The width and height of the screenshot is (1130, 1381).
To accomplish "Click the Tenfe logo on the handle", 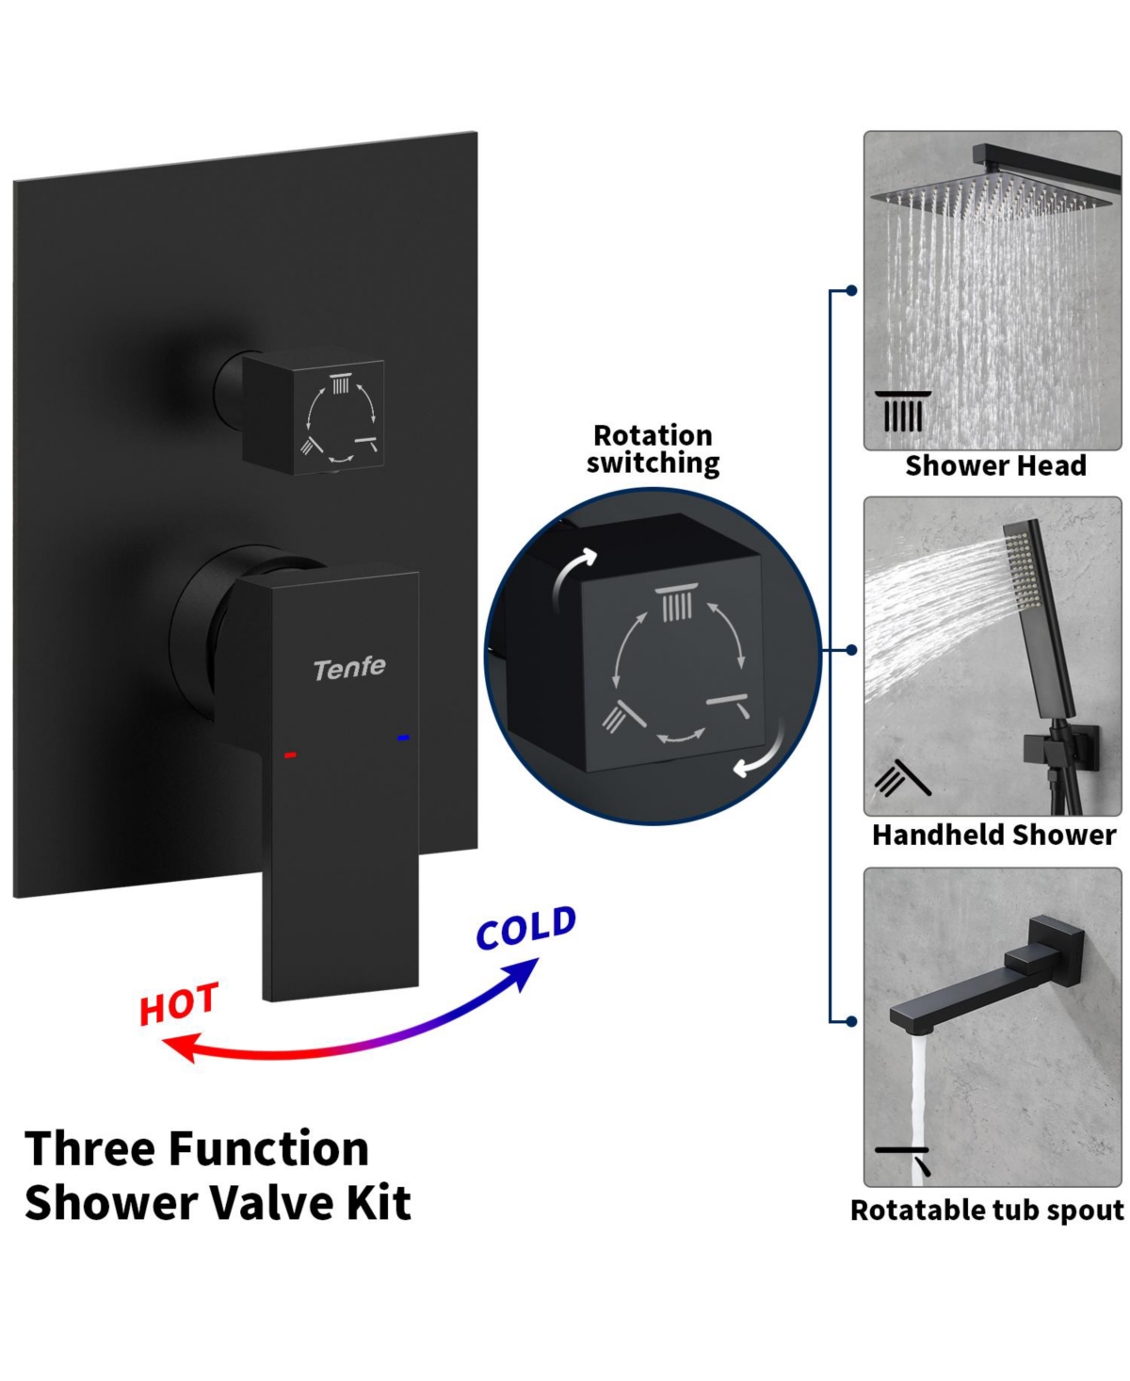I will tap(349, 669).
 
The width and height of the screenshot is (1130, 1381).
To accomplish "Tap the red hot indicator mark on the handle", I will tap(290, 755).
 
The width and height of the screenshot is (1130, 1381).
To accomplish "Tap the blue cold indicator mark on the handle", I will tap(403, 738).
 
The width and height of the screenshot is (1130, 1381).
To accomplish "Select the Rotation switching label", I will tap(653, 449).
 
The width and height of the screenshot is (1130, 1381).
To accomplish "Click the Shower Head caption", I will tap(995, 466).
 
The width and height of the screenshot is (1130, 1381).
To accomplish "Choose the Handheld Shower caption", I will tap(993, 835).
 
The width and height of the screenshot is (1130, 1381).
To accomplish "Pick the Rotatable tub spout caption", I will tap(987, 1210).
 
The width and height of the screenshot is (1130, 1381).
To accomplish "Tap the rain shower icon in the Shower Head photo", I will tap(903, 412).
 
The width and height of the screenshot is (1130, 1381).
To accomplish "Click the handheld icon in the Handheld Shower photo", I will tap(903, 778).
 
